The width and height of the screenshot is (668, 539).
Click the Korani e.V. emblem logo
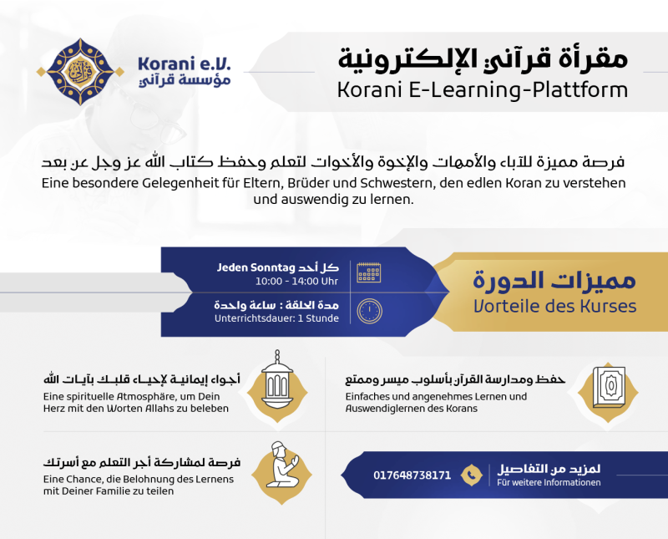coord(80,72)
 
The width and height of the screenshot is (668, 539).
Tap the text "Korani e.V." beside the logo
coord(184,64)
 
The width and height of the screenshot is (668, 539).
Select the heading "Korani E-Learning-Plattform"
coord(483,90)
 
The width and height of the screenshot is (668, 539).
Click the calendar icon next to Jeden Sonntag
coord(369,272)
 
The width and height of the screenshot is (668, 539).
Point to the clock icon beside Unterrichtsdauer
coord(369,311)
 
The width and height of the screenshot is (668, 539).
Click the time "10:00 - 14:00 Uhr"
coord(296,282)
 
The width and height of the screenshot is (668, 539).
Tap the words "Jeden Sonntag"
coord(256,267)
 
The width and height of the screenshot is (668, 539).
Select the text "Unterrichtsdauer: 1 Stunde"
coord(276,318)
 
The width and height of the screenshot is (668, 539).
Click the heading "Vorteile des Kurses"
coord(554,306)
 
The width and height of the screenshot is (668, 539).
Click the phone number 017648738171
coord(412,475)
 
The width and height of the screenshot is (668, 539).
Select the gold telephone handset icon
coord(471,475)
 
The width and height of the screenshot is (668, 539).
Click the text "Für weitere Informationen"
coord(549,482)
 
